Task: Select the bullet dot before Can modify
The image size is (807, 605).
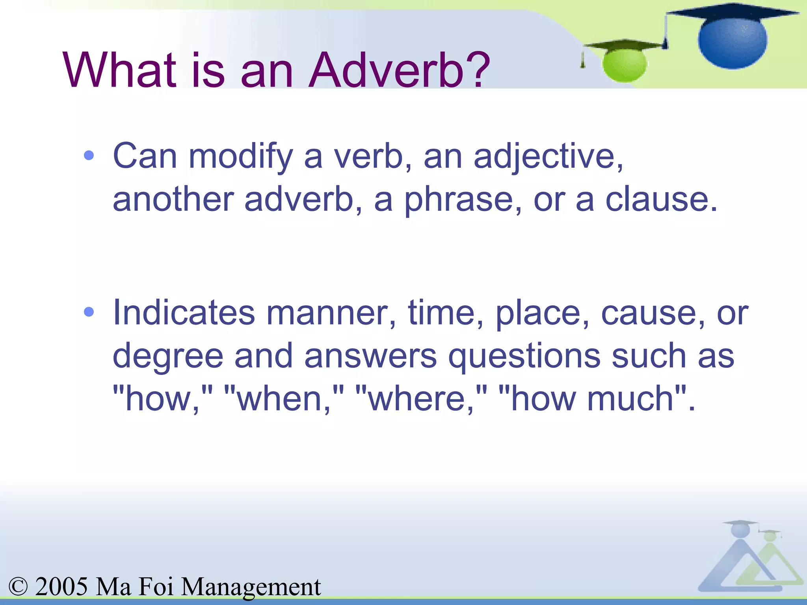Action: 89,156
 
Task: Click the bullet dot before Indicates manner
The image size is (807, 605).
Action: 89,312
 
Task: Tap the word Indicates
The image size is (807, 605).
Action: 184,313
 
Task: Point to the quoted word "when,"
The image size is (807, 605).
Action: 284,399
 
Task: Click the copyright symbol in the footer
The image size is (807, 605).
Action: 18,586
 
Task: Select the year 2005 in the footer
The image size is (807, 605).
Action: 61,586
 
